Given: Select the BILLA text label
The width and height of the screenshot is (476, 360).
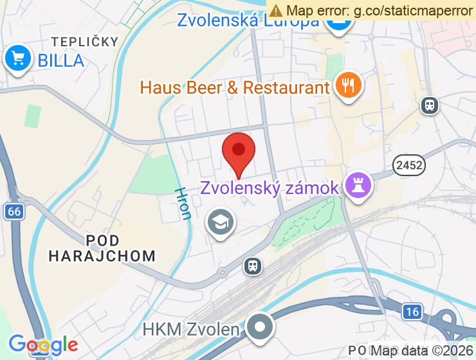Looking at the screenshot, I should tap(61, 60).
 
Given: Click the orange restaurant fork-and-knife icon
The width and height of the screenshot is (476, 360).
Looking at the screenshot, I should tap(349, 86).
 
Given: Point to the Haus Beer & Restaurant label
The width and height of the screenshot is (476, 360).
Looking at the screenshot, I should tap(235, 87).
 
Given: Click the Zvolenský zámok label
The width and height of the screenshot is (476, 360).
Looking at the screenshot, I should tap(269, 188).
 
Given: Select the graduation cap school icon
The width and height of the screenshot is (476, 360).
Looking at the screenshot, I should tap(221, 223).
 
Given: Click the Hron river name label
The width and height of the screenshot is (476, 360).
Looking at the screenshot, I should tap(183, 204).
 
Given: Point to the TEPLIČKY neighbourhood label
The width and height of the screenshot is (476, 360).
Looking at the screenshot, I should tap(85, 42).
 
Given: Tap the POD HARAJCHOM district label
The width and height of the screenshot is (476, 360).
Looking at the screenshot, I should tap(102, 248).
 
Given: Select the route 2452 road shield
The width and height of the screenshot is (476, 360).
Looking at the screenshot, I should tap(409, 165).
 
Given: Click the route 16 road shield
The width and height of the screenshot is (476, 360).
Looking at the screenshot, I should tap(412, 312).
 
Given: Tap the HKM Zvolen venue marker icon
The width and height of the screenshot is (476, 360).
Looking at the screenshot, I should tap(260, 327).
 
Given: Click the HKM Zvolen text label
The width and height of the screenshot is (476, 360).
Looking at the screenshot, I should tap(192, 330).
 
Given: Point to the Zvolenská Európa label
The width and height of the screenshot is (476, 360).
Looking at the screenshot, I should tap(248, 21).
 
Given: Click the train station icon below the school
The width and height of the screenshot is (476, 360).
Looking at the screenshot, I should tap(253, 265).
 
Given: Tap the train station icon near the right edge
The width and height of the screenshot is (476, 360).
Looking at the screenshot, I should tap(429, 105).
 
